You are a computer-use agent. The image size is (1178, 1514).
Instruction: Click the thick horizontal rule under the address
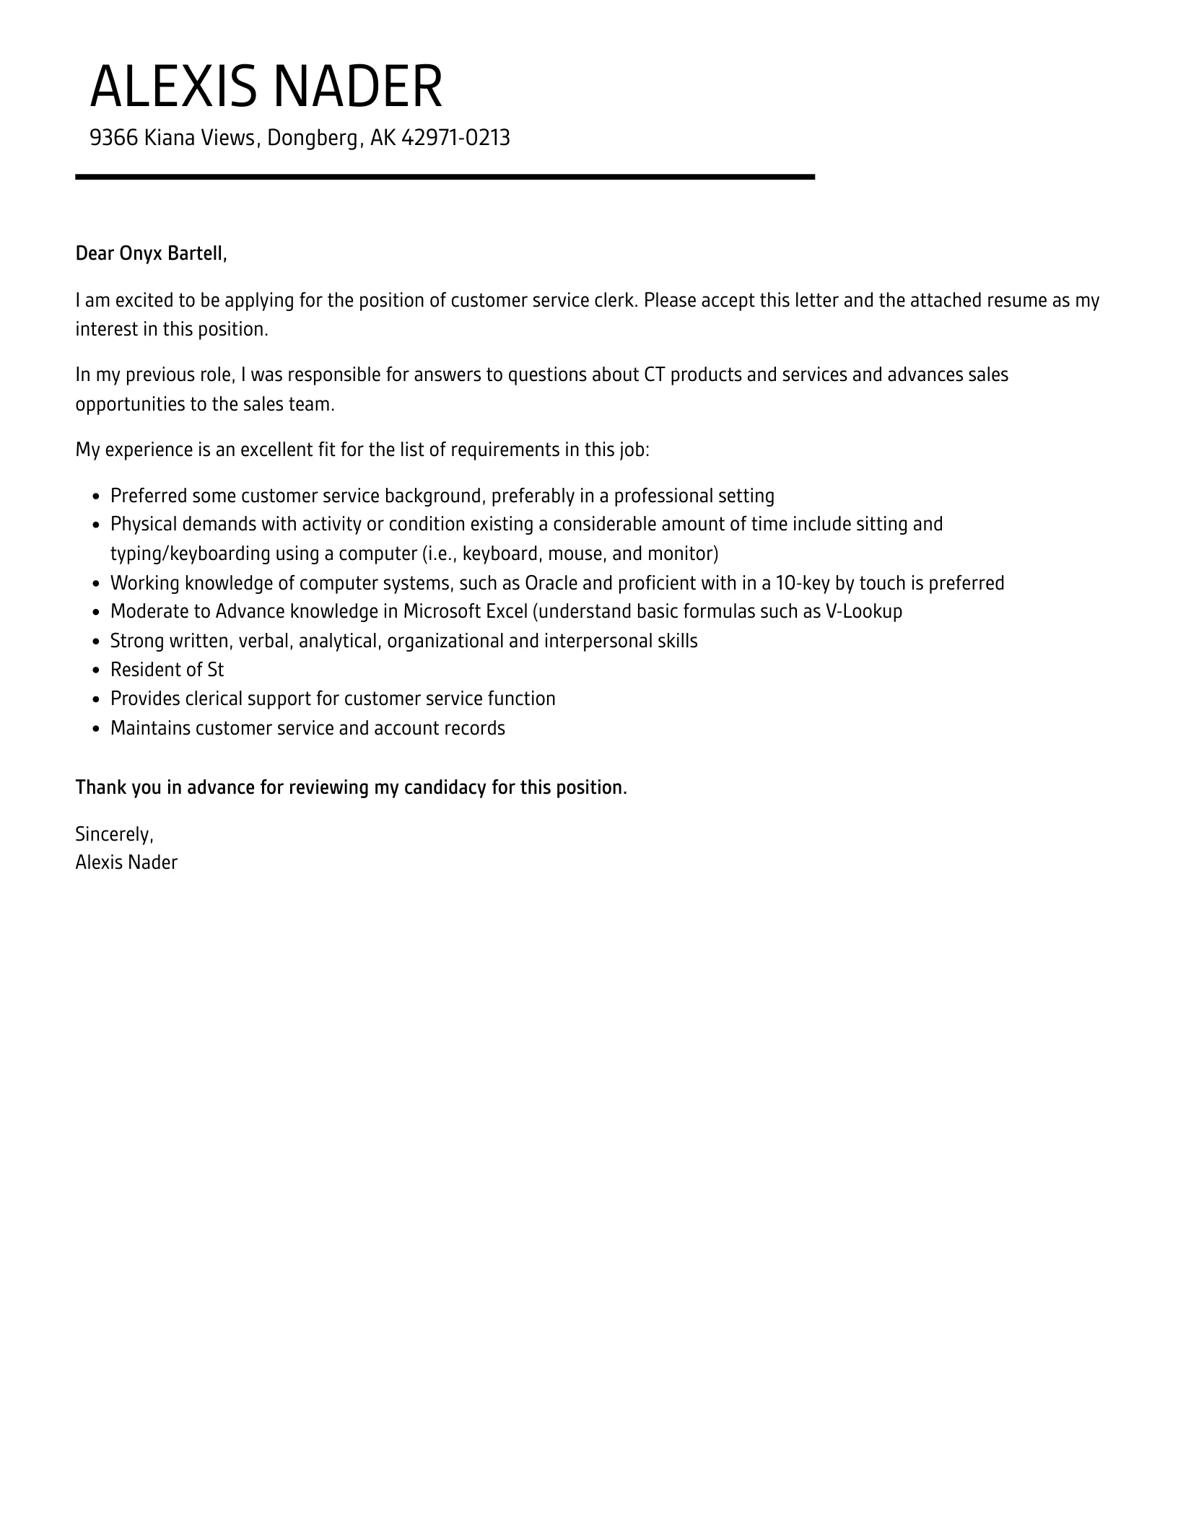[x=445, y=177]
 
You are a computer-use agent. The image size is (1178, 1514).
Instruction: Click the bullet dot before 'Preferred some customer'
[x=97, y=496]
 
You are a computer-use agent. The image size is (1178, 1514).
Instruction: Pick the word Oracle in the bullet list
[x=551, y=582]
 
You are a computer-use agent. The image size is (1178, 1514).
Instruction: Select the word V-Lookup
[x=863, y=611]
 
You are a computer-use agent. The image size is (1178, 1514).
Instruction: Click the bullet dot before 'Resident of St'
[x=97, y=670]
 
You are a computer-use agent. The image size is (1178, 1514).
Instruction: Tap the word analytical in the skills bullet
[x=339, y=641]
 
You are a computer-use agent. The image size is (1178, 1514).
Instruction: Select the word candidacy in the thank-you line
[x=445, y=787]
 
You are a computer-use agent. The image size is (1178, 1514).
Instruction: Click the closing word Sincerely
[x=113, y=834]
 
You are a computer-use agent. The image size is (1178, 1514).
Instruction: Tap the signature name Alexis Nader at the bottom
[x=126, y=862]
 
